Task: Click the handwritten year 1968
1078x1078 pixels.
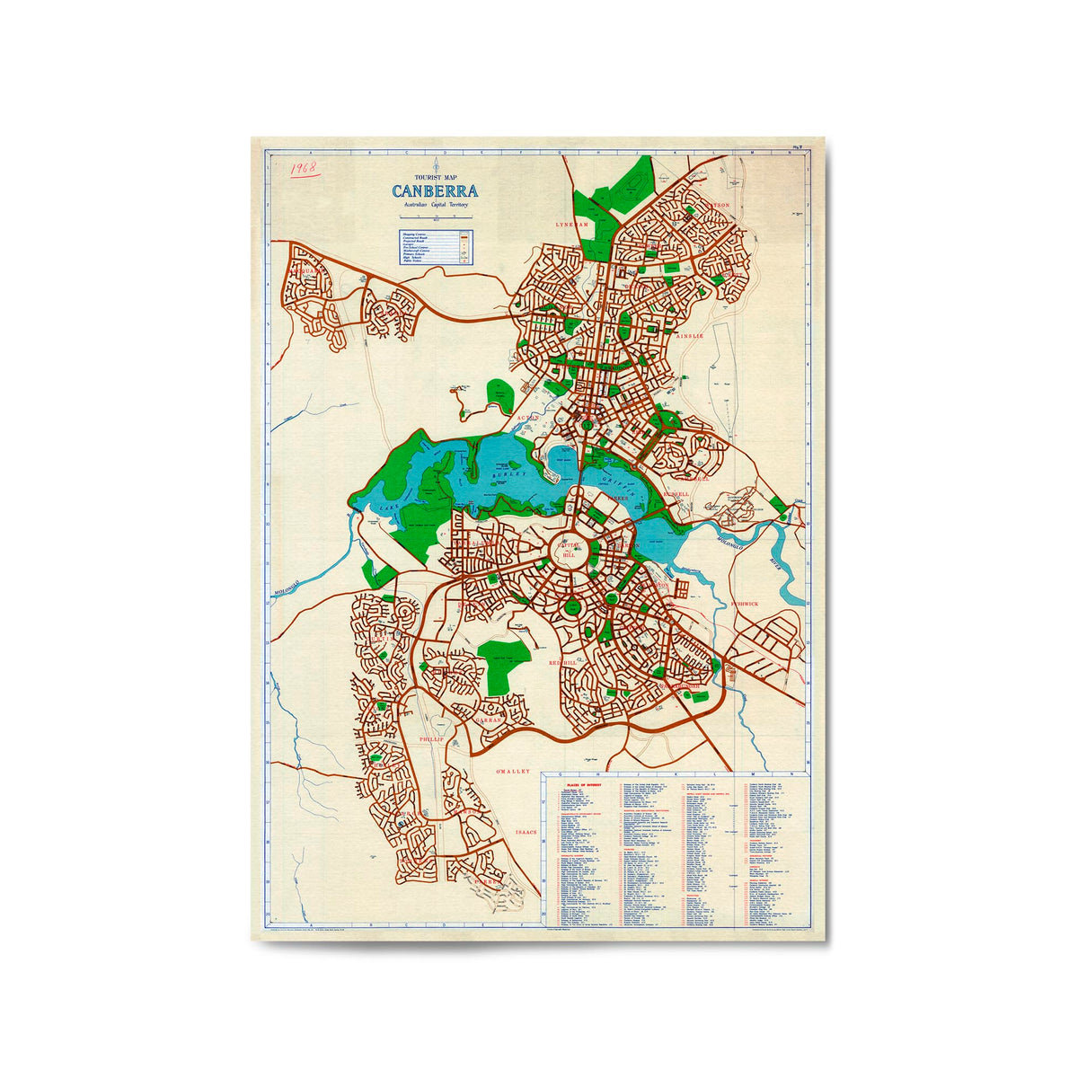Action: coord(305,168)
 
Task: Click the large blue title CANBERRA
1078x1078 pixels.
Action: coord(435,190)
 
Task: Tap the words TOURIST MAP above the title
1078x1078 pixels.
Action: coord(435,177)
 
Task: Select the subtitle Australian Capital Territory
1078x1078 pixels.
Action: coord(435,206)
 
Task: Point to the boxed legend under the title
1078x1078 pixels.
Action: coord(435,247)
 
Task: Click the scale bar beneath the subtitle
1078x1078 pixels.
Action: coord(435,216)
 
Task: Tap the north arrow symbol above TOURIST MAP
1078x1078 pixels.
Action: coord(435,164)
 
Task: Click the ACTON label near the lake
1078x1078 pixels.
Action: coord(527,418)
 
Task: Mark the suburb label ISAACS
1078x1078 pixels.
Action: coord(526,833)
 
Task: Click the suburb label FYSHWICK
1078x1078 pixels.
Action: coord(744,604)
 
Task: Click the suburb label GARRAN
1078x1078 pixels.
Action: coord(488,720)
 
